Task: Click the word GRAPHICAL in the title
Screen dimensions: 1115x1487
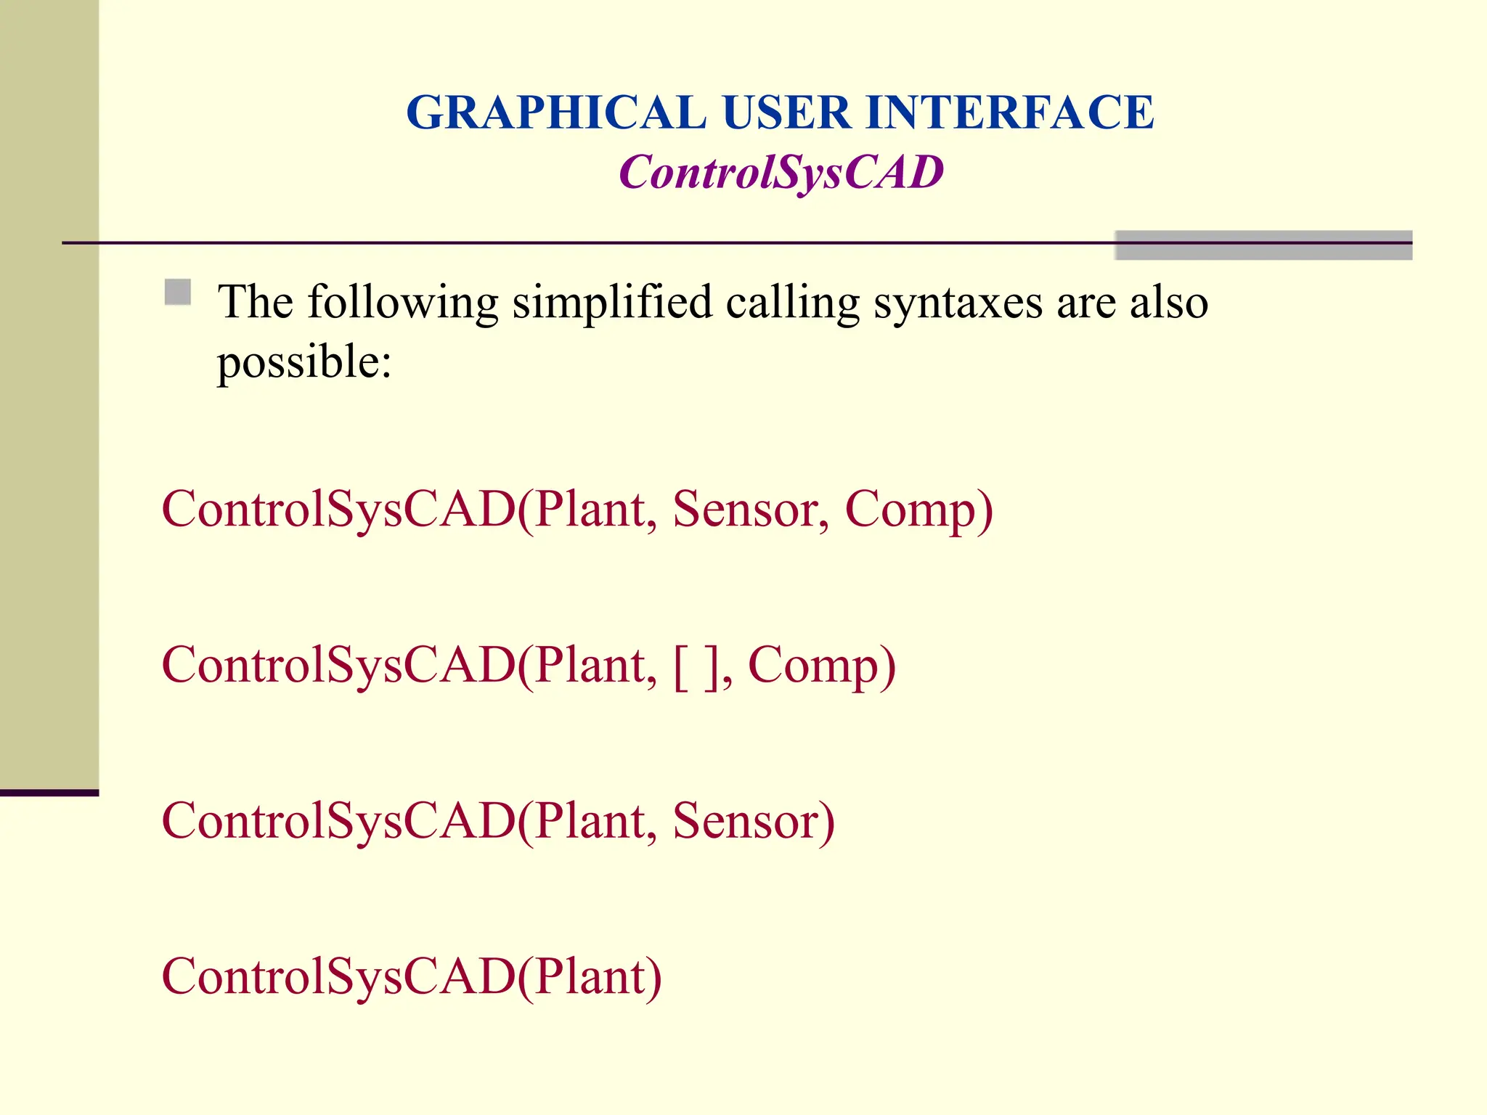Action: point(555,113)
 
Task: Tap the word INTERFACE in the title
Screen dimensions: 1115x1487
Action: point(1009,113)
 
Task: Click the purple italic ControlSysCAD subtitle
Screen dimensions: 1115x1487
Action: point(781,173)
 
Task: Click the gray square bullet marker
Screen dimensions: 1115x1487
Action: point(178,293)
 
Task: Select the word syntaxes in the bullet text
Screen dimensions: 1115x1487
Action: point(958,302)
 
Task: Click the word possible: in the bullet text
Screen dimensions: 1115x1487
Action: point(304,362)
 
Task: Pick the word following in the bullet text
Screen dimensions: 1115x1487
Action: point(403,302)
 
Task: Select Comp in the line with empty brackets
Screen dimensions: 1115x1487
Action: point(821,666)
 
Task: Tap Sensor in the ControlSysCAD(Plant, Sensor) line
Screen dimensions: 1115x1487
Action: point(753,822)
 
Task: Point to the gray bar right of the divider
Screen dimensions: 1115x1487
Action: point(1263,245)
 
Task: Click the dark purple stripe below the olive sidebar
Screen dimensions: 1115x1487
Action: point(49,793)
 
